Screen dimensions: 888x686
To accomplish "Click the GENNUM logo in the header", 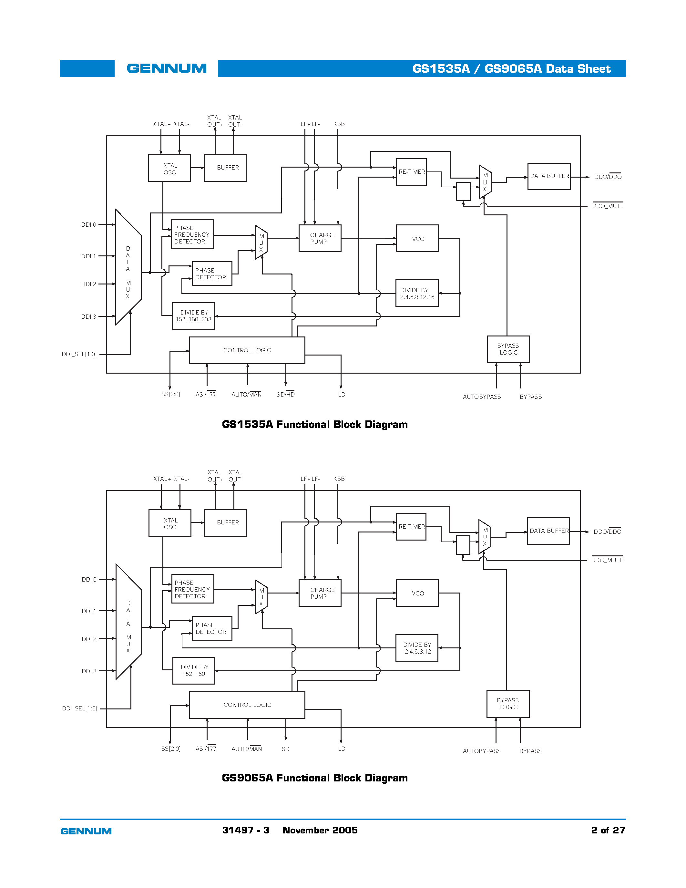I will (167, 68).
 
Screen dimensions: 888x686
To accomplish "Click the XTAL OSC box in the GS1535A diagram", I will (169, 168).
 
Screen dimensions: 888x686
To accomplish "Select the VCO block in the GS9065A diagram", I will (417, 593).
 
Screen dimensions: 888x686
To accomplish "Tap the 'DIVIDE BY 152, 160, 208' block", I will (193, 316).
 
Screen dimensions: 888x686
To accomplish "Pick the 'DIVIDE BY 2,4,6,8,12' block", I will (417, 648).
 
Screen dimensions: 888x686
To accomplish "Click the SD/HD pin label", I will (285, 394).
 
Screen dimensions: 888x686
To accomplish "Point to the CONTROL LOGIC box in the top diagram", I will (247, 350).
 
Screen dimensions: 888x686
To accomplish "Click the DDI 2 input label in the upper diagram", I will (88, 284).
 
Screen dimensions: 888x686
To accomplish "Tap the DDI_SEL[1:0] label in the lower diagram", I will (80, 708).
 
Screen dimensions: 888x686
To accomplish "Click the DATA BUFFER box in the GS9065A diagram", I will (548, 531).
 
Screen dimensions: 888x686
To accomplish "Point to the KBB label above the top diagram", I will (339, 124).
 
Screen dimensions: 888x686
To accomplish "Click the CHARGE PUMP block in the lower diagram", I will (320, 593).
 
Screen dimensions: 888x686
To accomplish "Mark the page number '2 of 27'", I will (608, 830).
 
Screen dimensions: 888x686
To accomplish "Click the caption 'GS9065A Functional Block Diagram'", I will (314, 778).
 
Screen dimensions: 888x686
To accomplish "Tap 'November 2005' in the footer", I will (320, 830).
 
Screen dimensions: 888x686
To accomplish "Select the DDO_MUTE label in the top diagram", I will (607, 206).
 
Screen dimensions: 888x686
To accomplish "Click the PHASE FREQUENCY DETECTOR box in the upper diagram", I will (192, 234).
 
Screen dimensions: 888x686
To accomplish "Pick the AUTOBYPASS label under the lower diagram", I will (482, 751).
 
